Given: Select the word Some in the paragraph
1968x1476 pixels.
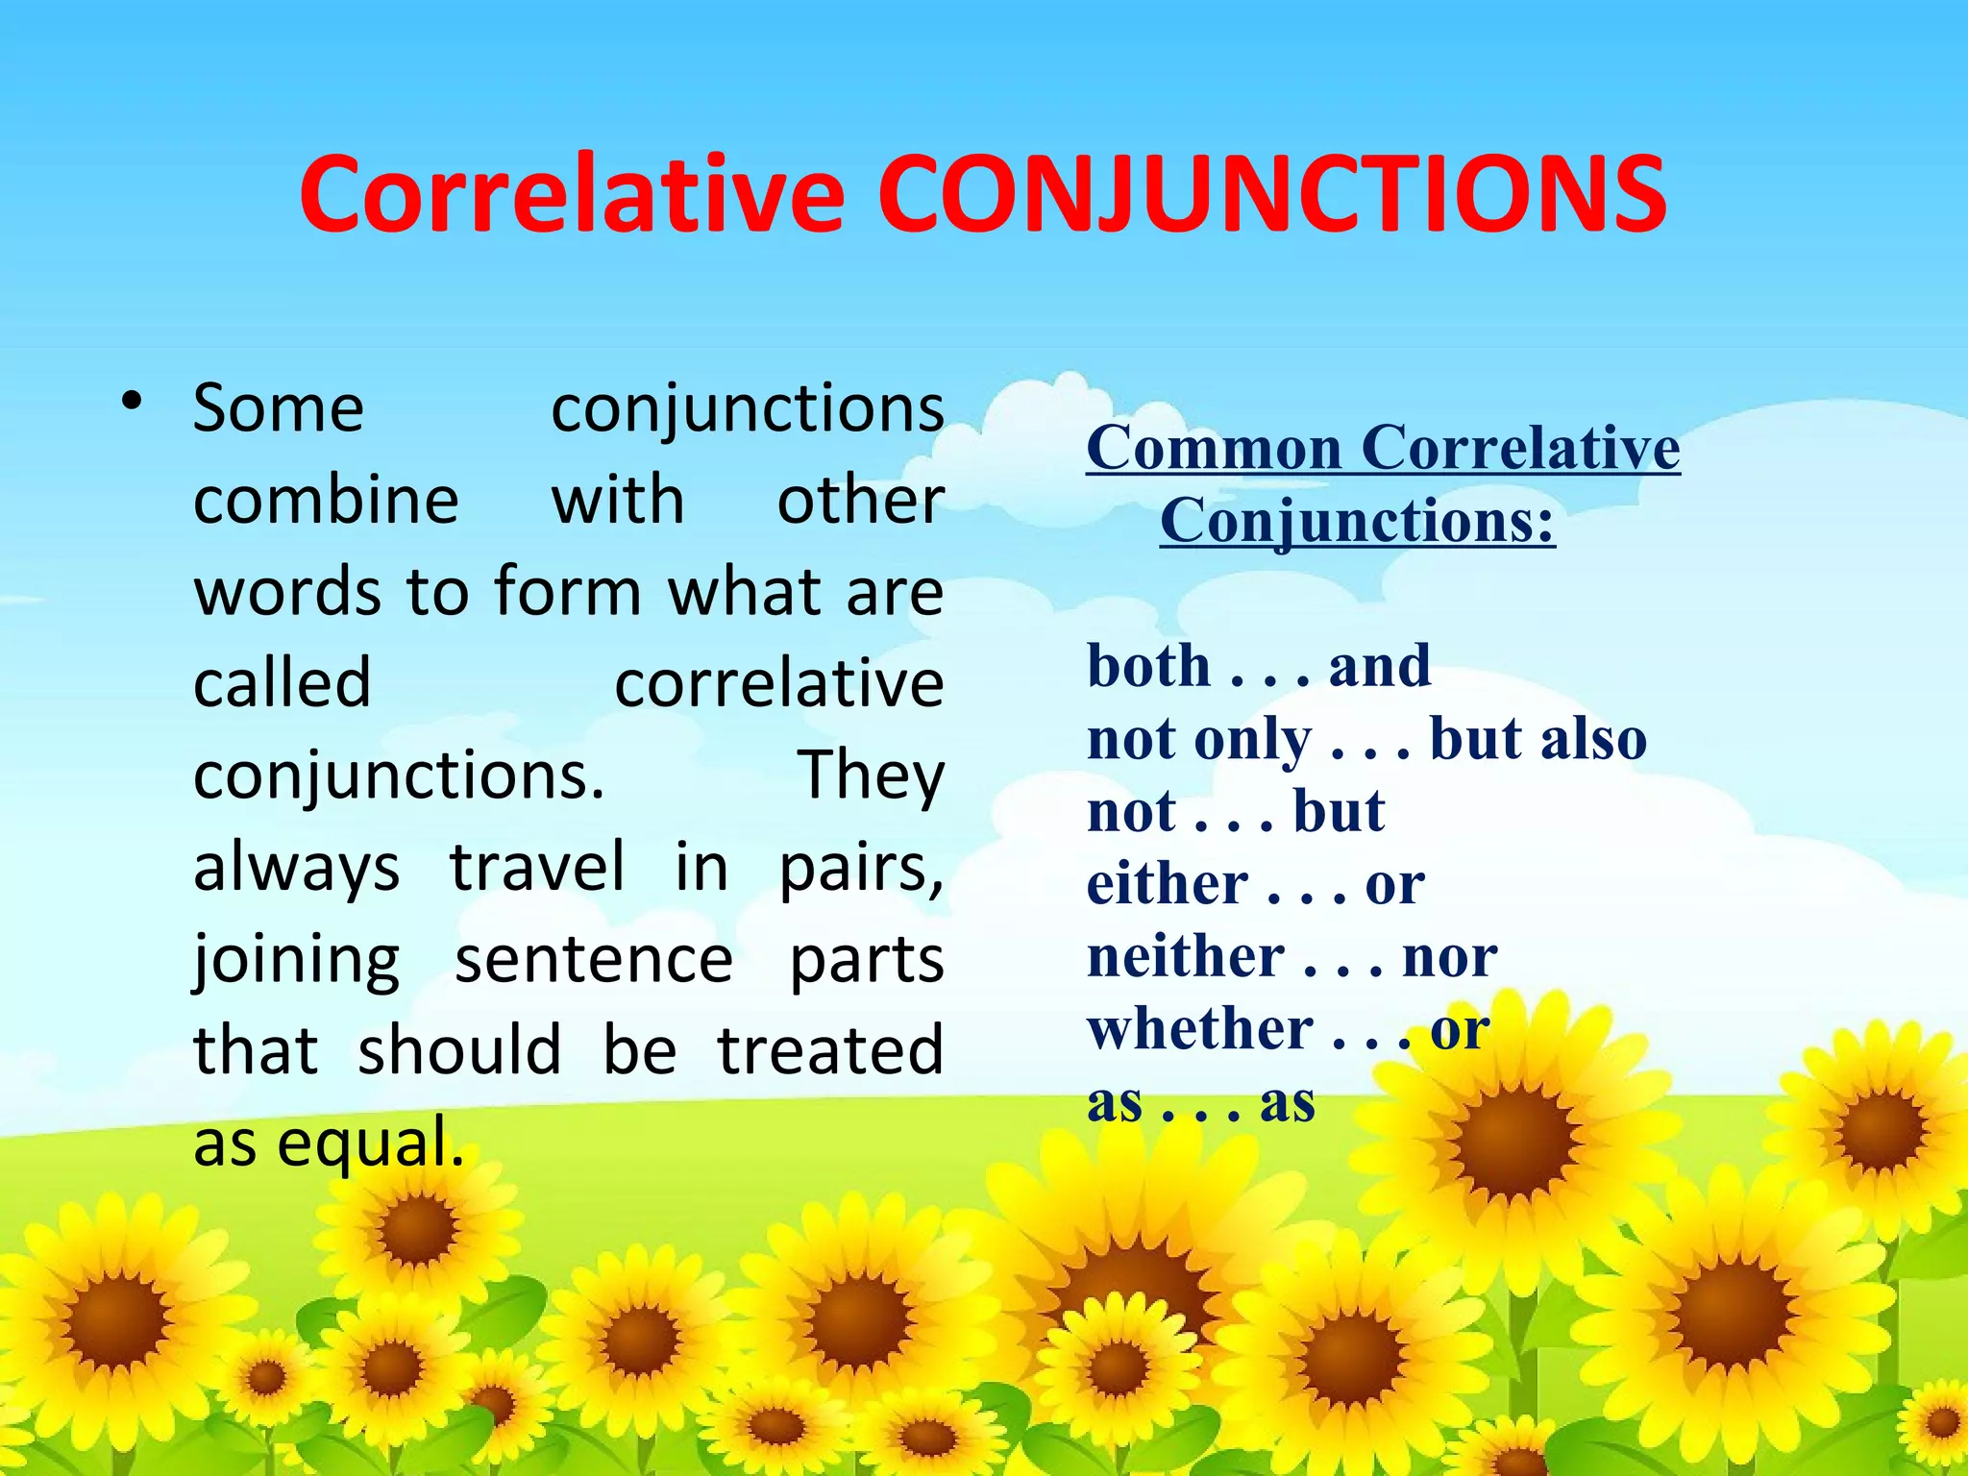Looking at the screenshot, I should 279,409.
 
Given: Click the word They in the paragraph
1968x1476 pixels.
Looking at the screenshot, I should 871,775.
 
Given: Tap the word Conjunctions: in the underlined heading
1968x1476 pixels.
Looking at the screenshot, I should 1357,522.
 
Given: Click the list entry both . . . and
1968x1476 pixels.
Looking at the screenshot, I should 1259,666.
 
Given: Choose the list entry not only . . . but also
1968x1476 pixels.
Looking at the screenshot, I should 1366,740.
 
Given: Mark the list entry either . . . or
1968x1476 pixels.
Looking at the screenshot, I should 1255,884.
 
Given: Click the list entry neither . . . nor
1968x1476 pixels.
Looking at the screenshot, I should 1291,957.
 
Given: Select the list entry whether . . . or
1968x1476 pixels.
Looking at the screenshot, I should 1288,1030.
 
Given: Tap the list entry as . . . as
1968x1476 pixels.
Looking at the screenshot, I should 1200,1103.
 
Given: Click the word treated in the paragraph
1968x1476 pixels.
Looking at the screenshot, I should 830,1050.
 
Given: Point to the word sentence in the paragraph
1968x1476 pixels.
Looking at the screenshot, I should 594,960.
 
